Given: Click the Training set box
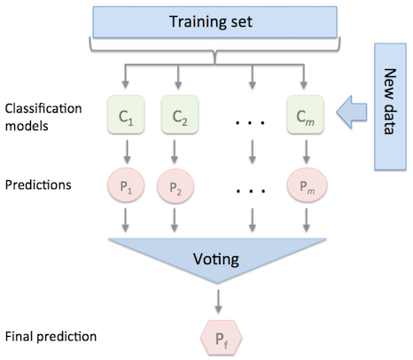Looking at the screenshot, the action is [x=215, y=22].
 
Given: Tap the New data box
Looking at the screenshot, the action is [x=390, y=106].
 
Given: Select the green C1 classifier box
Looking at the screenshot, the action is [x=126, y=114].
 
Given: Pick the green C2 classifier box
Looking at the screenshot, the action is [x=180, y=114].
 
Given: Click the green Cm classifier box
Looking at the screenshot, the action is [x=306, y=114].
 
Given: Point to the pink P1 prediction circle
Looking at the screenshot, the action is [x=126, y=185].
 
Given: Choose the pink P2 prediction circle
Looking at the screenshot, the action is [x=175, y=186].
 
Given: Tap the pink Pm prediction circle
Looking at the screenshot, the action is [x=307, y=185].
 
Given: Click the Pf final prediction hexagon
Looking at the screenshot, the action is [x=222, y=338].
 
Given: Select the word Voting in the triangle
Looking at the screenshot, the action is [x=216, y=259].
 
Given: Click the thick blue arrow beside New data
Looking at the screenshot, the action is [x=352, y=113].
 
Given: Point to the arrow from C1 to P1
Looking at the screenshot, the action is [x=127, y=152].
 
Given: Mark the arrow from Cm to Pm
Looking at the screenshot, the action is [x=307, y=152].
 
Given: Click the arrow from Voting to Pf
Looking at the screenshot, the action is [x=218, y=301].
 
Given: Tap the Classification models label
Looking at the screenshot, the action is [x=43, y=117].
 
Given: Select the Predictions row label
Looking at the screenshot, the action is [x=38, y=184].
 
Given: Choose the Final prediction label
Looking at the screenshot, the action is [x=51, y=337].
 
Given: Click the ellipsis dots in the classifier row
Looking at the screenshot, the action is [x=250, y=122].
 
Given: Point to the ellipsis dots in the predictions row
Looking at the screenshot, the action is [x=251, y=191].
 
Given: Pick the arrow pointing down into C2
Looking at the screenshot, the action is [x=178, y=76].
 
